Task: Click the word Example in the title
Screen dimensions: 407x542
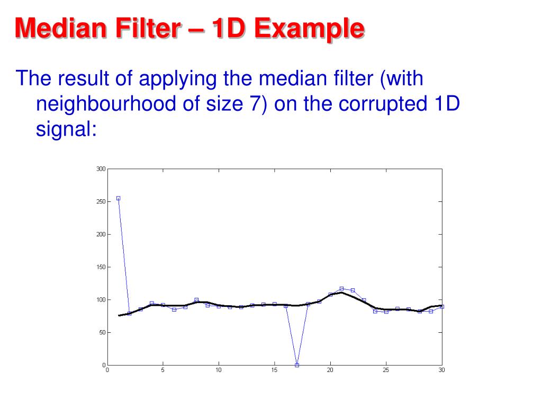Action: [309, 29]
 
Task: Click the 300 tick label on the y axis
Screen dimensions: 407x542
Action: [101, 169]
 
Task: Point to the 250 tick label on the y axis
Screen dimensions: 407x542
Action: [101, 201]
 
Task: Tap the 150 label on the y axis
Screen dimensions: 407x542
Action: [101, 267]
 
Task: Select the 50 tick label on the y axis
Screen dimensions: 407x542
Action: [102, 333]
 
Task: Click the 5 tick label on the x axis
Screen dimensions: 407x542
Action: [162, 370]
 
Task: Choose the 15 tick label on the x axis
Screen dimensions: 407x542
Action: [274, 370]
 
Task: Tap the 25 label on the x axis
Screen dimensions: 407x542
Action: [386, 370]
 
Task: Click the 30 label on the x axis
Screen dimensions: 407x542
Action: [441, 370]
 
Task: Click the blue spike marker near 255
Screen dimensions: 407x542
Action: [118, 198]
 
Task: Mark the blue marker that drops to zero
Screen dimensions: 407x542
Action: [297, 365]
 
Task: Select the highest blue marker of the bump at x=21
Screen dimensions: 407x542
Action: [341, 289]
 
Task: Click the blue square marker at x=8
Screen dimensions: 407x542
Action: [196, 300]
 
